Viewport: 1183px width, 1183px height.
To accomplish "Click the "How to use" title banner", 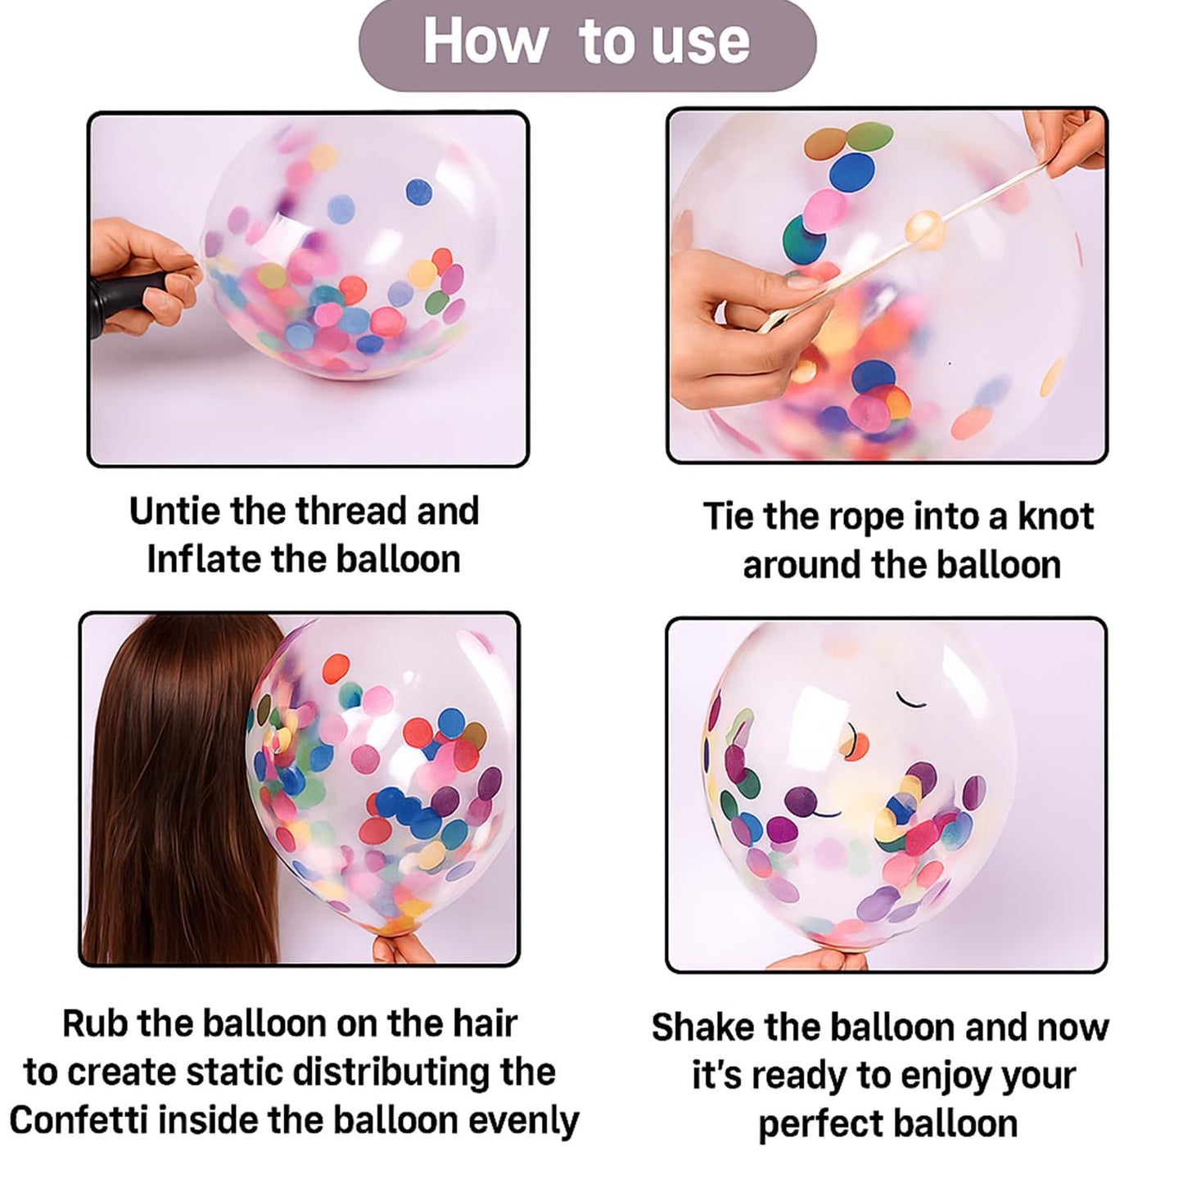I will (x=587, y=43).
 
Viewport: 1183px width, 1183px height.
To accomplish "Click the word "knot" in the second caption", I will (x=1055, y=517).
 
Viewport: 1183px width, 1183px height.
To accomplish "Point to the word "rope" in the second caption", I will (x=867, y=518).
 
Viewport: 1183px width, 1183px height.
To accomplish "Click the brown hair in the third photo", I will (x=180, y=786).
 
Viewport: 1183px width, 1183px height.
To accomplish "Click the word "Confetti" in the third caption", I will (x=79, y=1121).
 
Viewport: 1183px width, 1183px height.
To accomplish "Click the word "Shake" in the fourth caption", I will (x=699, y=1027).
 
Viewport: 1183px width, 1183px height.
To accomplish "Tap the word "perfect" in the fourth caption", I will (x=818, y=1124).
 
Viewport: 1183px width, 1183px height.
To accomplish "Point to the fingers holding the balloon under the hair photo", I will (x=401, y=950).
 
